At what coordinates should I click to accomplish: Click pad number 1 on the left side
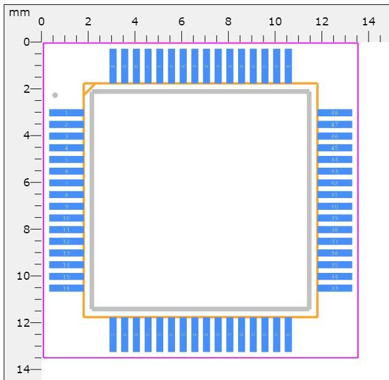click(66, 113)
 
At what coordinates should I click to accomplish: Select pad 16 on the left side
click(66, 288)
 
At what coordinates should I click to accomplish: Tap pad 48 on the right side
click(335, 113)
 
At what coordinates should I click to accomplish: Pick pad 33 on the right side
click(335, 288)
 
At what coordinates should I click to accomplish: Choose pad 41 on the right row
click(335, 194)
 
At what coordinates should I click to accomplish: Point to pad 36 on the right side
click(335, 253)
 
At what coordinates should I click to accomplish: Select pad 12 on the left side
click(66, 241)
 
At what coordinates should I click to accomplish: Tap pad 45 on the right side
click(335, 148)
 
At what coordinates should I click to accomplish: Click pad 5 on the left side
click(66, 160)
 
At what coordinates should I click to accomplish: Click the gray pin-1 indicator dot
click(55, 95)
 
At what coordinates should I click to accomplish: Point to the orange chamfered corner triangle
click(87, 87)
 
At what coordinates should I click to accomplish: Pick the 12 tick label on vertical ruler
click(25, 323)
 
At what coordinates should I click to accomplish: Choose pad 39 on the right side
click(335, 218)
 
